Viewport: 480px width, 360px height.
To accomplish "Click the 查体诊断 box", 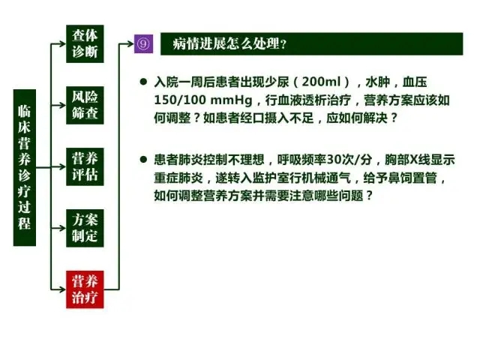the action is coord(85,43).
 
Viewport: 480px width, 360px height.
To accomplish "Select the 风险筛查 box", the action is coord(85,105).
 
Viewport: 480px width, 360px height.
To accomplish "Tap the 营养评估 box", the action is coord(85,166).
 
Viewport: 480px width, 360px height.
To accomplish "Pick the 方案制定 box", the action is coord(85,228).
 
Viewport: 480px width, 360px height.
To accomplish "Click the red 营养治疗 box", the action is coord(85,289).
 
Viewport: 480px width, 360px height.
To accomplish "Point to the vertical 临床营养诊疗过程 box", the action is coord(25,168).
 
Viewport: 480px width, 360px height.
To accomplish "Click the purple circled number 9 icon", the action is coord(143,43).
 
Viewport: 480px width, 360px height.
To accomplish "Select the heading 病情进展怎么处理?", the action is coord(229,43).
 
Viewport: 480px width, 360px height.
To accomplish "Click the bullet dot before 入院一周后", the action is coord(143,82).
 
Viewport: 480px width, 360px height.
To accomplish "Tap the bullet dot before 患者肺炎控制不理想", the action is coord(143,160).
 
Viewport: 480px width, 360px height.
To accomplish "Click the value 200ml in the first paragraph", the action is coord(321,82).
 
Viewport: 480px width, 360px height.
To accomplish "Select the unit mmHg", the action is coord(232,100).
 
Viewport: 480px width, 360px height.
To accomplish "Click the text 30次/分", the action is coord(349,160).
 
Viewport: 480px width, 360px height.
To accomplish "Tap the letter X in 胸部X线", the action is coord(414,160).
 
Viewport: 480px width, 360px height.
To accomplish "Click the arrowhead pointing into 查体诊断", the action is coord(62,43).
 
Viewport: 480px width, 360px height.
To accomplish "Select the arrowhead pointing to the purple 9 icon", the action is coord(130,43).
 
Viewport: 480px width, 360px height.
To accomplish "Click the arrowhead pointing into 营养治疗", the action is coord(62,289).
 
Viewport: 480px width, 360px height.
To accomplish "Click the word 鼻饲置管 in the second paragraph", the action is coord(412,178).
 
